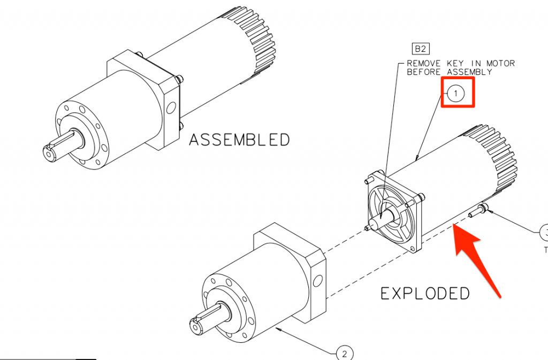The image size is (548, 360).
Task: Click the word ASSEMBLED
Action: (239, 140)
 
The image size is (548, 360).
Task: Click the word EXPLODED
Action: (425, 293)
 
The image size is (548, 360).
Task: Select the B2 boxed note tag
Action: (421, 49)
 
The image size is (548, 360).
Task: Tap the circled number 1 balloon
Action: (456, 93)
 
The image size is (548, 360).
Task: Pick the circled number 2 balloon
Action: (345, 354)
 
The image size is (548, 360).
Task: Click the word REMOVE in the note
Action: (424, 64)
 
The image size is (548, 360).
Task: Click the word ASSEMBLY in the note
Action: (469, 72)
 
